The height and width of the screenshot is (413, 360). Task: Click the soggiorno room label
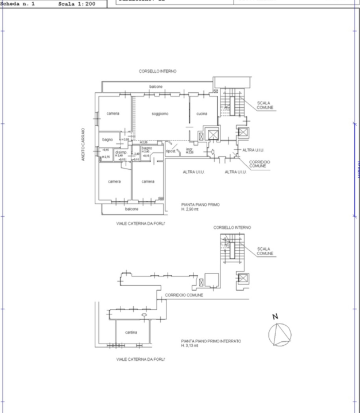tap(160, 114)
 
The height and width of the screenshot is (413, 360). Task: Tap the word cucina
tap(202, 114)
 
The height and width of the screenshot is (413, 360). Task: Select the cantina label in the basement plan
tap(131, 332)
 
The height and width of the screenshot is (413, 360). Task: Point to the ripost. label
tap(171, 151)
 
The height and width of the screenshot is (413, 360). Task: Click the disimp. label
tap(121, 152)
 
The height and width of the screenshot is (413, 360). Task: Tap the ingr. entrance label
tap(189, 150)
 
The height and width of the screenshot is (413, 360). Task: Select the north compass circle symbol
tap(280, 334)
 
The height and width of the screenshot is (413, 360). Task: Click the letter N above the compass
tap(275, 317)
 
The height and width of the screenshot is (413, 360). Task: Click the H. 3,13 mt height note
tap(190, 346)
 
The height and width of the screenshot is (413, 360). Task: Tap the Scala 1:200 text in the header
tap(77, 3)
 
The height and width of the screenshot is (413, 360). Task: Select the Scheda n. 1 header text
tap(18, 3)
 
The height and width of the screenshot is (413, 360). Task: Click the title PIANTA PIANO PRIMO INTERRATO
tap(210, 341)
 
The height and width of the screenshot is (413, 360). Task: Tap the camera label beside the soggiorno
tap(113, 114)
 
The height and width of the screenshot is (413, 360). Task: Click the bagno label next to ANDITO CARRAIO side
tap(107, 139)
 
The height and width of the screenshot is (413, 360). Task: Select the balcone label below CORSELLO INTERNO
tap(156, 87)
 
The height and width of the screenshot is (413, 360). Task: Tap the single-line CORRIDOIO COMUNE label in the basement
tap(184, 295)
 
